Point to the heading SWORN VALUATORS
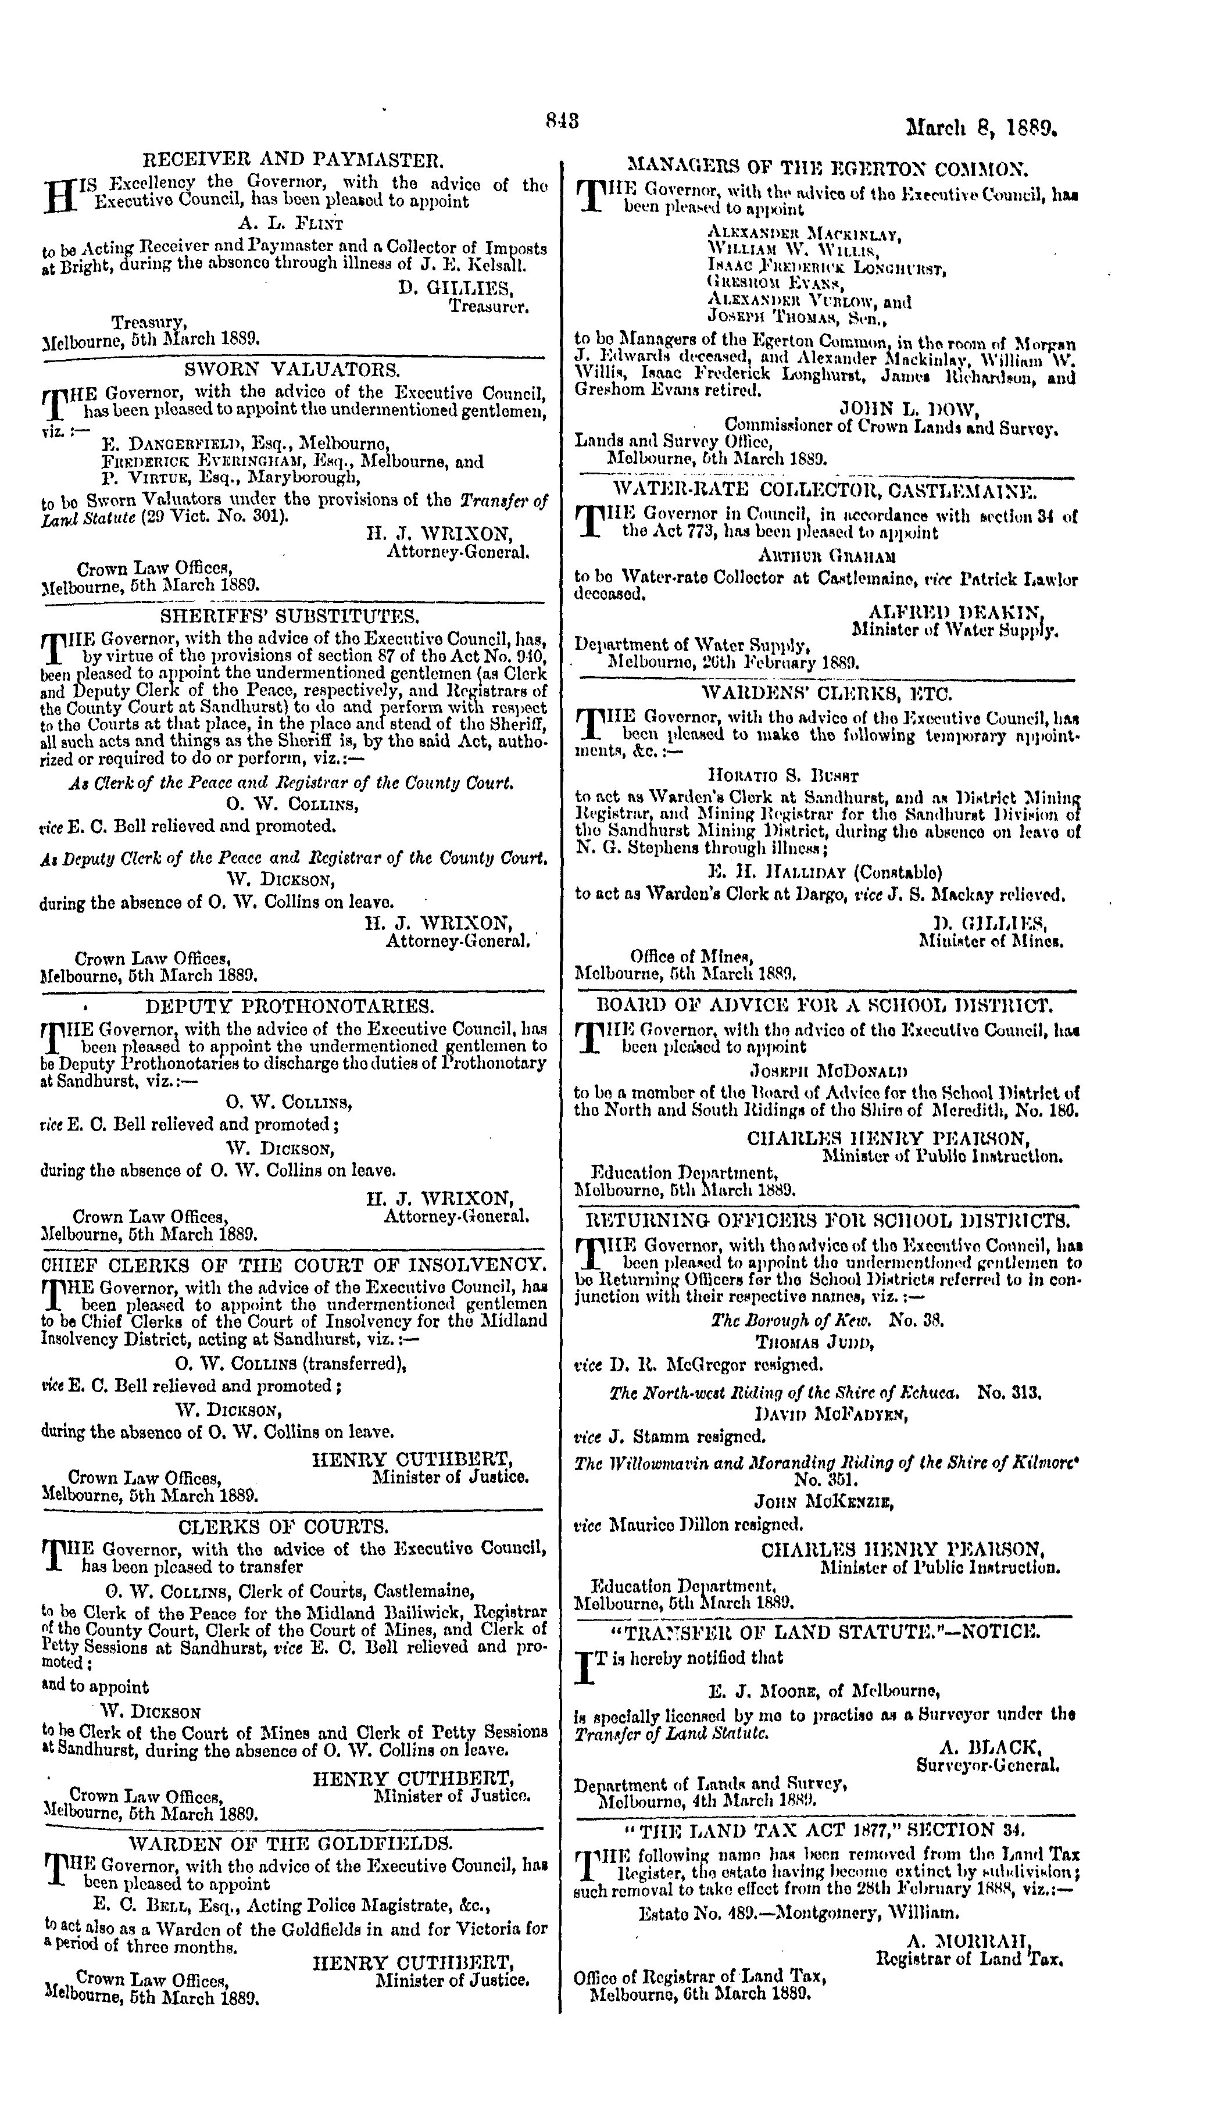(x=293, y=369)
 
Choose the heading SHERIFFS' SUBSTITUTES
(x=290, y=616)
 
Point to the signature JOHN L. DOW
(x=910, y=408)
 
